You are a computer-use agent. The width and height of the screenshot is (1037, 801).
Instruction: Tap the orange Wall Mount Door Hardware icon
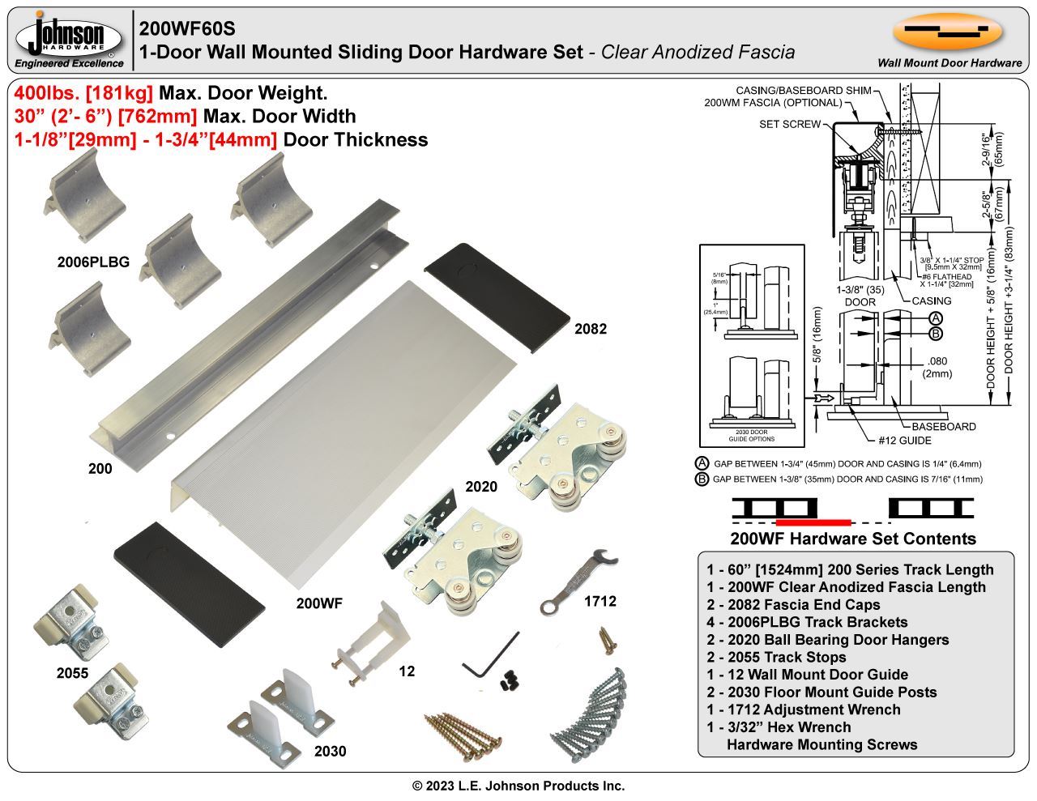(x=948, y=32)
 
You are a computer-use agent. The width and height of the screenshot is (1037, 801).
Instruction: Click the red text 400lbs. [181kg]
(x=83, y=93)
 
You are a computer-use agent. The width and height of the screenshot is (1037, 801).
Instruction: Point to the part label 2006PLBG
(x=94, y=262)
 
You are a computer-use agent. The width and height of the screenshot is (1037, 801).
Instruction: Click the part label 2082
(x=590, y=329)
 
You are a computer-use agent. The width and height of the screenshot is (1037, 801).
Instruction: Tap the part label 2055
(x=73, y=673)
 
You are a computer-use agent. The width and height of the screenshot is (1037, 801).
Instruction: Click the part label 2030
(x=330, y=752)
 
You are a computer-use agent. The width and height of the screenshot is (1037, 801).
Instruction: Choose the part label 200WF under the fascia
(x=319, y=603)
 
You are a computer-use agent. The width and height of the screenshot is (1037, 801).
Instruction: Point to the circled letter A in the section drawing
(x=935, y=318)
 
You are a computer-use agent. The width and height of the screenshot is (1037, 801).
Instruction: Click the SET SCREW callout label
(x=790, y=124)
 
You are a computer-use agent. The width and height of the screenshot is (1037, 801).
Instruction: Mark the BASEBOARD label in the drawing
(x=944, y=426)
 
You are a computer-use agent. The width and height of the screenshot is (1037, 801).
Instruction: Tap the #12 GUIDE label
(x=905, y=441)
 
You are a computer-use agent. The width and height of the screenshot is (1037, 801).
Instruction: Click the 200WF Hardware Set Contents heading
(x=853, y=539)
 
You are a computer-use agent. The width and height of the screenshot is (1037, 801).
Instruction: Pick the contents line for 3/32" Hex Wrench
(x=779, y=726)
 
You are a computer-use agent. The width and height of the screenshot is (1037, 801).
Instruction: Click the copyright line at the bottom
(x=518, y=786)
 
